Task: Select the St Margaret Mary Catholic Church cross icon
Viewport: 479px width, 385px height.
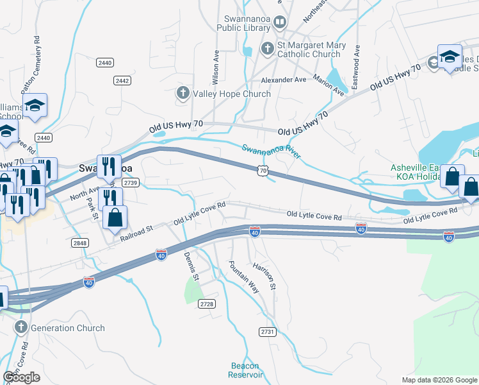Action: pos(267,48)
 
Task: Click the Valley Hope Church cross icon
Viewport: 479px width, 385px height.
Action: pos(182,94)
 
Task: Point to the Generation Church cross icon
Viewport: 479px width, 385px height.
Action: pos(20,328)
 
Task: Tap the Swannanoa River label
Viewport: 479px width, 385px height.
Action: pos(272,151)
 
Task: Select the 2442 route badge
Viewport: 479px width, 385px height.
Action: pos(122,80)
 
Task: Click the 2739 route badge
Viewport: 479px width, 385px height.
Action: pos(131,183)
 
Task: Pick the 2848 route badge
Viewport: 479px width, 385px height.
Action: pos(80,243)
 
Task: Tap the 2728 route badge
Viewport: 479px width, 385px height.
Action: pos(206,304)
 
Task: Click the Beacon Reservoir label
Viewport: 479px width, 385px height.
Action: pos(247,370)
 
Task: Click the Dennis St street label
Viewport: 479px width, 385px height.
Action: pos(191,265)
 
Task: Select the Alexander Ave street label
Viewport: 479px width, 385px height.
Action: pos(284,80)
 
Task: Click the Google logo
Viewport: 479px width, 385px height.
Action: pos(21,377)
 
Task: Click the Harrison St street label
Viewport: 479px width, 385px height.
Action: pos(263,274)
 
